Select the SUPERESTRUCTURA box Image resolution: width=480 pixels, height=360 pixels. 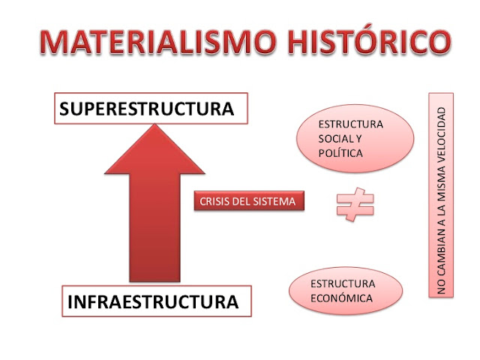[151, 108]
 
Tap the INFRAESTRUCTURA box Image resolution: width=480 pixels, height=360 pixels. [157, 301]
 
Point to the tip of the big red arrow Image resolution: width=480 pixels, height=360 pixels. [155, 124]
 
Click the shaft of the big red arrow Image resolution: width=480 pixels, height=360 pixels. [154, 227]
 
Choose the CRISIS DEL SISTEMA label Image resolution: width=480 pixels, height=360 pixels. [249, 201]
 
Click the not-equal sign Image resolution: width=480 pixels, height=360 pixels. [355, 204]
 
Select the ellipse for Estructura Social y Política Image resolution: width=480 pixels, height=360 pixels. [355, 139]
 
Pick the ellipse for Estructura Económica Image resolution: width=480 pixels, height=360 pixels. [346, 290]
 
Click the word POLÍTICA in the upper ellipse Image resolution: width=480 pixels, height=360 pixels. [340, 153]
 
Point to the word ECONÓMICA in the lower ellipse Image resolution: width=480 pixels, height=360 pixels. [341, 298]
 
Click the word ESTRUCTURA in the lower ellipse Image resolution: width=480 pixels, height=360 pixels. [343, 283]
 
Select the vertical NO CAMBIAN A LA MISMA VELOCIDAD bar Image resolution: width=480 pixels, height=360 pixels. [441, 195]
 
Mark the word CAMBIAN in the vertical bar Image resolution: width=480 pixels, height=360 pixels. [441, 251]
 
